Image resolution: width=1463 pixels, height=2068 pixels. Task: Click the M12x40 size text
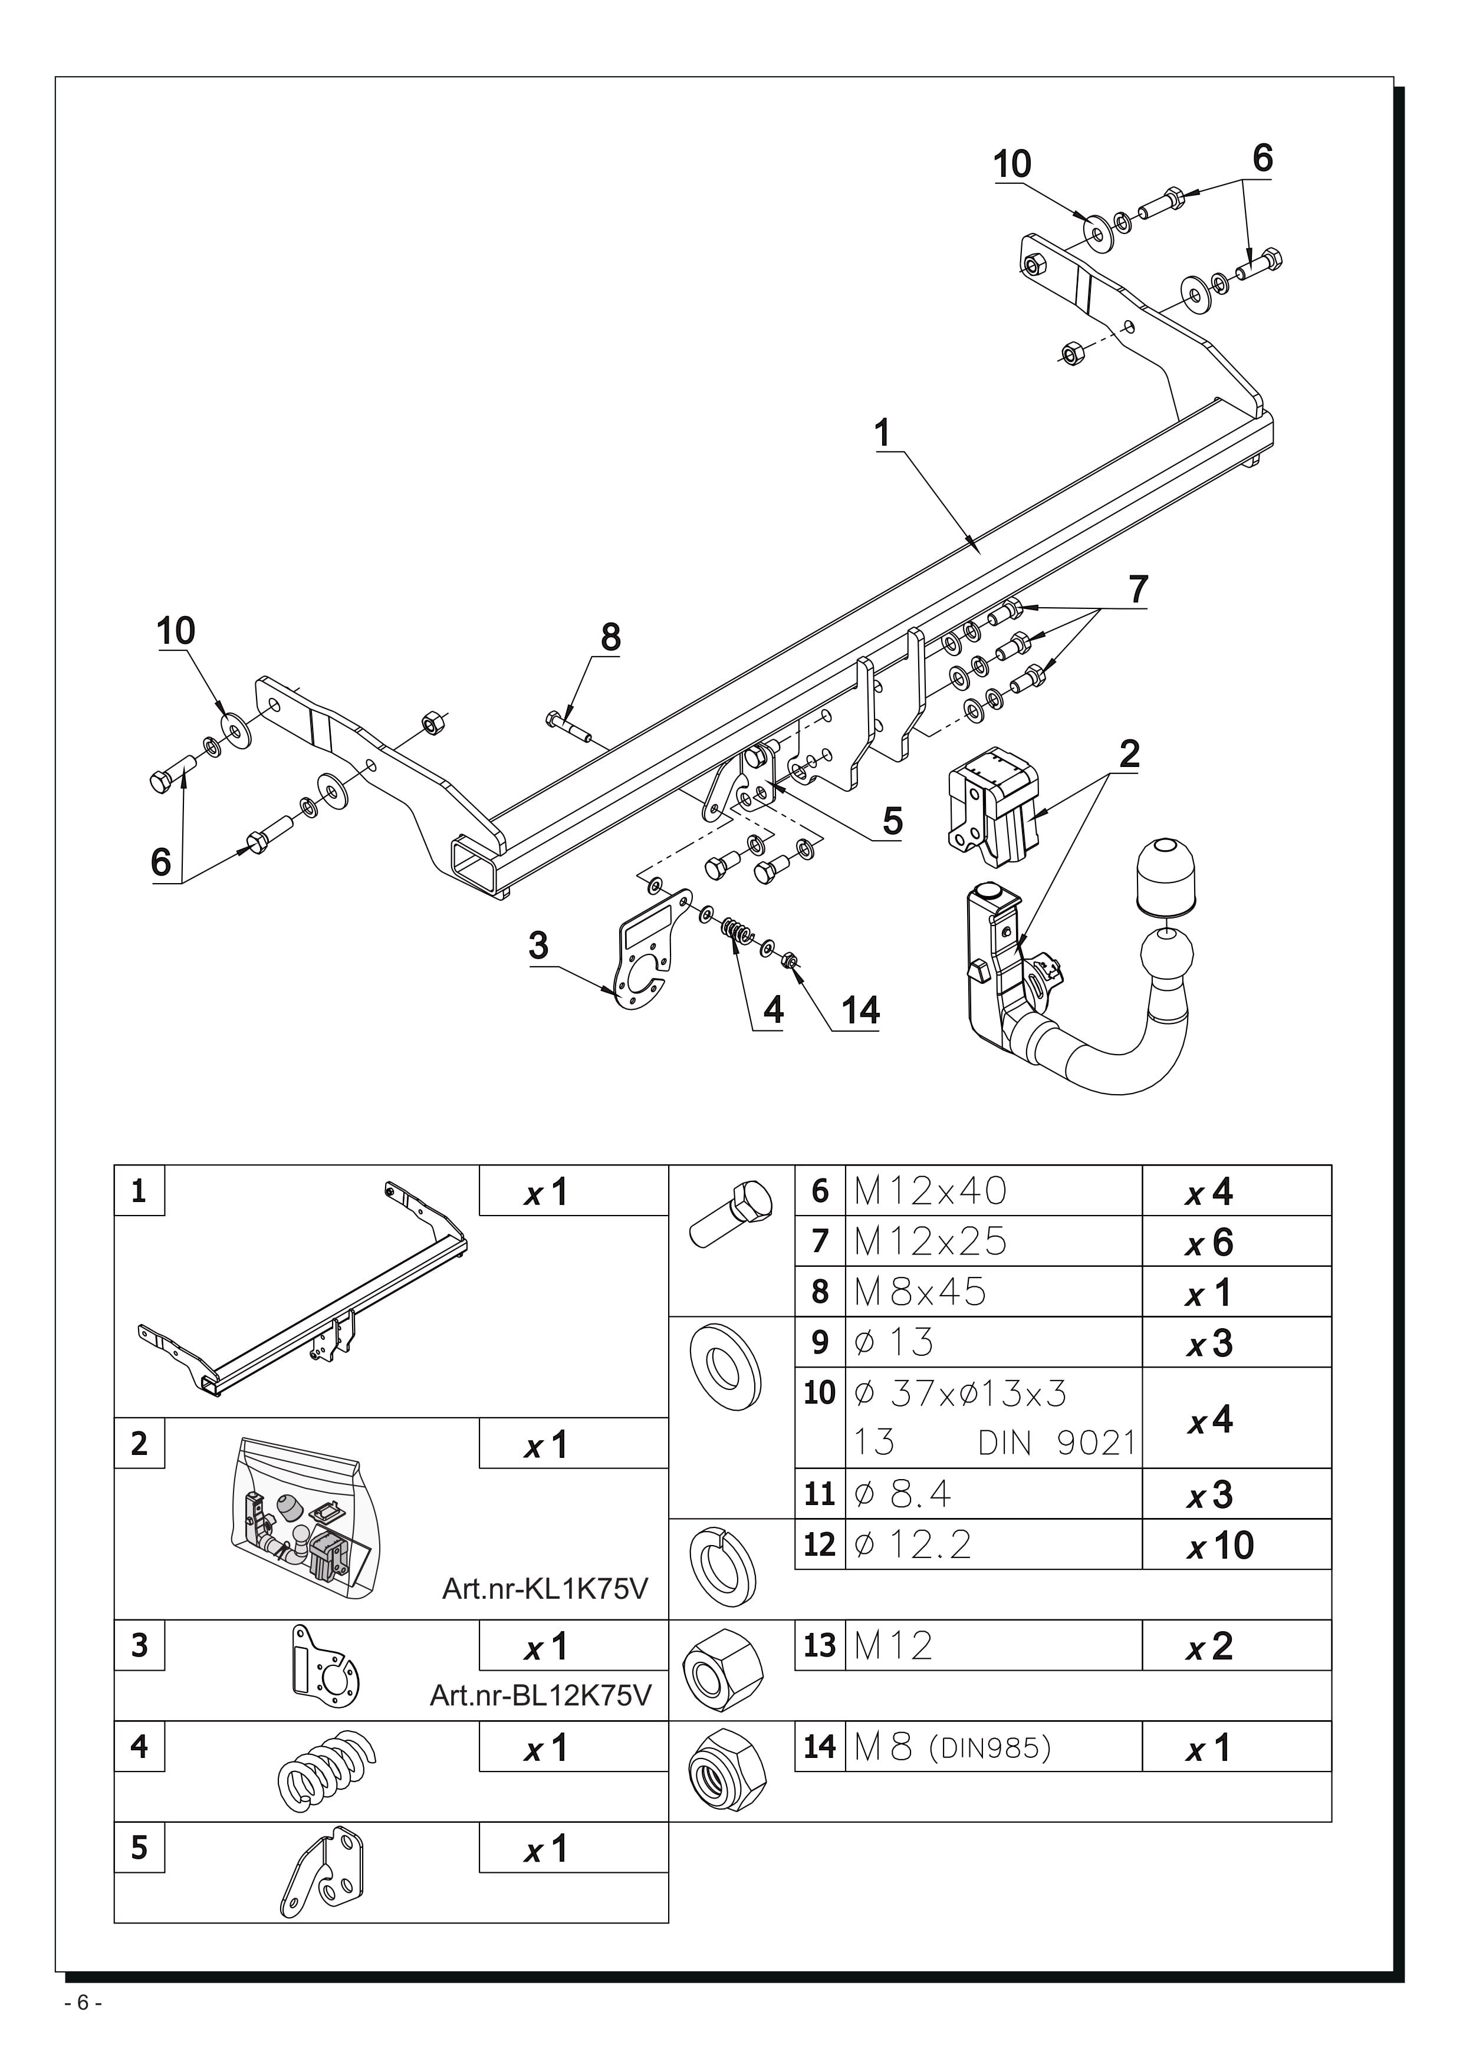(x=930, y=1191)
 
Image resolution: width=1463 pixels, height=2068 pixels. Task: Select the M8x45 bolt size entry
(x=920, y=1292)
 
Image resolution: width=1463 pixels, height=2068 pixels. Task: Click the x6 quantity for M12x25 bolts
(x=1210, y=1243)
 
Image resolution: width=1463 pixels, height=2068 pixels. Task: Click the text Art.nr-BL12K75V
(x=540, y=1696)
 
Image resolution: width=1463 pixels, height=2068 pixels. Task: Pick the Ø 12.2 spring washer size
(x=913, y=1545)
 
